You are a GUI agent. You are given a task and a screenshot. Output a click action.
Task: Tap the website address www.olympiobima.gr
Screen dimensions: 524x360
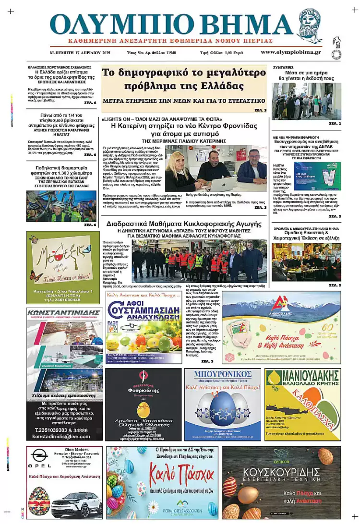(x=291, y=52)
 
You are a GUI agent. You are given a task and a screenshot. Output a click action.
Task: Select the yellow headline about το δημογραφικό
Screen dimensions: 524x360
(x=183, y=80)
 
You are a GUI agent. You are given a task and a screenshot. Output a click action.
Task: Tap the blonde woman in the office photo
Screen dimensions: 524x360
(x=177, y=173)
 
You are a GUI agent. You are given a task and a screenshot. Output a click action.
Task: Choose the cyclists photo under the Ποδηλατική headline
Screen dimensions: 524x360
(x=61, y=206)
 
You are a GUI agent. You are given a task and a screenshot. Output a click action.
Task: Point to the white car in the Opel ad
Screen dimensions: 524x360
(x=77, y=504)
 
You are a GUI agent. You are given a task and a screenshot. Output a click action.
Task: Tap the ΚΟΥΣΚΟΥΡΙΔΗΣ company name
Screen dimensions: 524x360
(x=281, y=471)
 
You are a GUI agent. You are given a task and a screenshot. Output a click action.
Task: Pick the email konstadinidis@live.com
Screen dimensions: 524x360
(x=64, y=436)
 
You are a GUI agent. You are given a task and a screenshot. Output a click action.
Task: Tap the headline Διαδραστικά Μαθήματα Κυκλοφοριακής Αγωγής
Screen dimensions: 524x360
(x=184, y=224)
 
